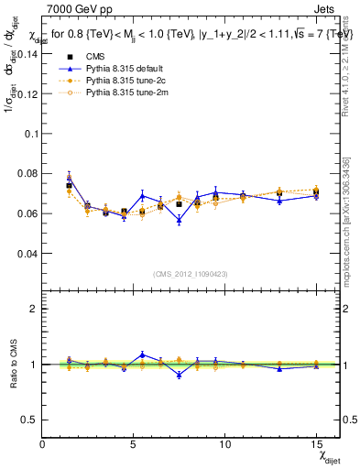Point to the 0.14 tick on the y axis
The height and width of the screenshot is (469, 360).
click(x=26, y=53)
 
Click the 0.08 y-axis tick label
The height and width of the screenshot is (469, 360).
click(x=26, y=173)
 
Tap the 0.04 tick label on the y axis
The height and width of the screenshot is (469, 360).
click(x=26, y=253)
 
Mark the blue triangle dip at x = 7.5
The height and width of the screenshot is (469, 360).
click(x=179, y=220)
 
